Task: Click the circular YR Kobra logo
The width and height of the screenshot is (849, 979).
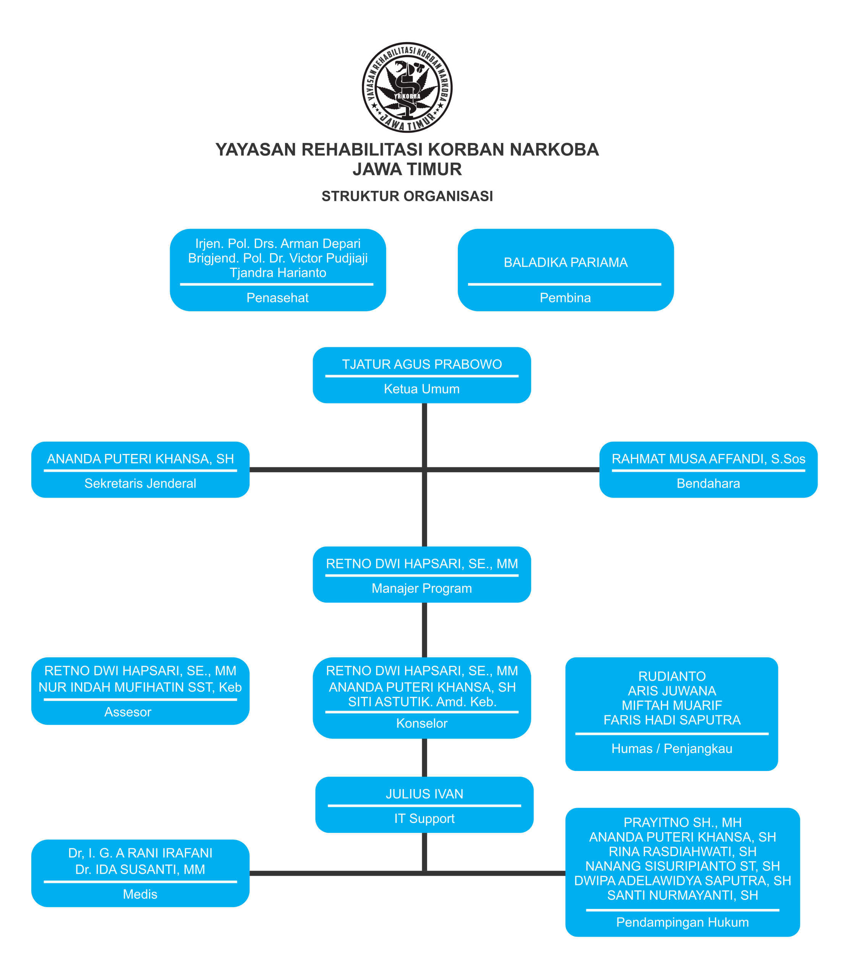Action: pos(407,87)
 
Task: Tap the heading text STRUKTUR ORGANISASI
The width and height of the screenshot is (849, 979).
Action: pos(407,196)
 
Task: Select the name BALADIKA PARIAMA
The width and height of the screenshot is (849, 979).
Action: pos(566,263)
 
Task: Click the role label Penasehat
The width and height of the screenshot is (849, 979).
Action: pos(278,298)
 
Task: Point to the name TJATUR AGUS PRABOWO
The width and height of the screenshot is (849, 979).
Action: pos(422,364)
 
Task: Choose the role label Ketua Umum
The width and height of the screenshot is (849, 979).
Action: pos(422,389)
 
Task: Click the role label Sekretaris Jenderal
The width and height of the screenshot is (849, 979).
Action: pos(140,484)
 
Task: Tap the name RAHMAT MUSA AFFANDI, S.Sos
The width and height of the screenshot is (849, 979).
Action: pos(708,459)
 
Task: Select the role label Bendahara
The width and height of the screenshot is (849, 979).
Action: pos(708,484)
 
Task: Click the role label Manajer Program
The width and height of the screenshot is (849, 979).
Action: pos(422,588)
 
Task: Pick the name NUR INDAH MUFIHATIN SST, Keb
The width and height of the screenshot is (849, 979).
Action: pos(140,688)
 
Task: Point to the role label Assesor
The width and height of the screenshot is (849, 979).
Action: pos(128,712)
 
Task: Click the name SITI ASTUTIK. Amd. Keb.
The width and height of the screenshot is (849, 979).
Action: pos(422,702)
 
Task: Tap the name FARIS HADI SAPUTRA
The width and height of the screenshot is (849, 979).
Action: pos(672,720)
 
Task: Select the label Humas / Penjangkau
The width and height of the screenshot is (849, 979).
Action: pos(672,749)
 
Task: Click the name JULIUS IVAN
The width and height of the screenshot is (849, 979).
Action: pos(424,794)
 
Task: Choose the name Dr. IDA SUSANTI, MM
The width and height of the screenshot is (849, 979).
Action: pos(140,870)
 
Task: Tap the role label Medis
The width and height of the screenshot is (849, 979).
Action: pos(140,894)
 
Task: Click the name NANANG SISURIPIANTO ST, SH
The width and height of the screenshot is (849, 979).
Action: pos(683,866)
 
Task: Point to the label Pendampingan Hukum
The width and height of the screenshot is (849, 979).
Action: pos(683,922)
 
